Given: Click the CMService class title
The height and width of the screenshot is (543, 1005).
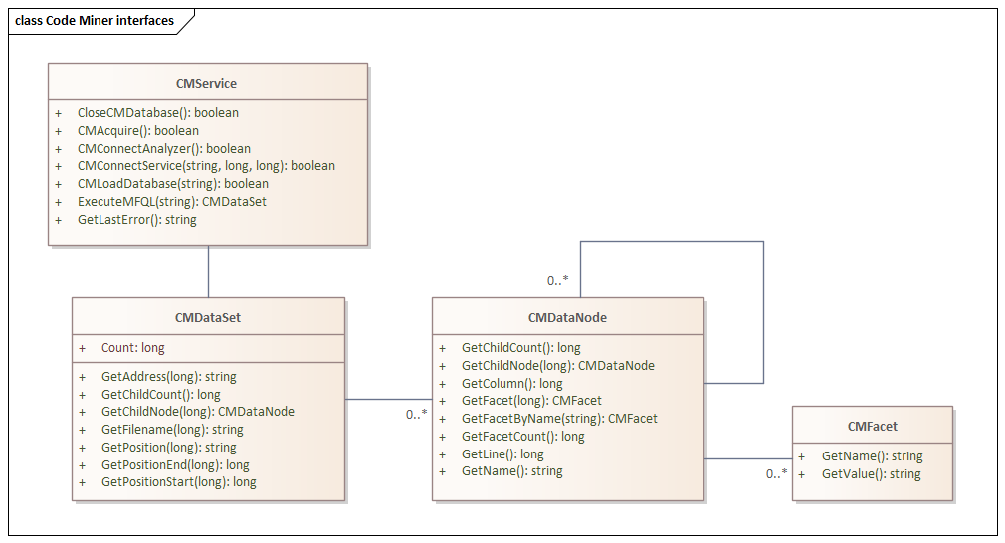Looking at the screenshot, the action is click(x=206, y=84).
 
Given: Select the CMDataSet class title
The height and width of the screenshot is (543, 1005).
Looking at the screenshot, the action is click(x=208, y=317).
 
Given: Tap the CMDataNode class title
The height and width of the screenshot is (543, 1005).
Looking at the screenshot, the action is click(x=567, y=317).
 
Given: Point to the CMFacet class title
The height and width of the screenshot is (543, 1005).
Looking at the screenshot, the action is click(x=873, y=427).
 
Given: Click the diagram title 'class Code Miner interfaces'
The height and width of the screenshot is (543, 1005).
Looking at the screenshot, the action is click(x=95, y=21).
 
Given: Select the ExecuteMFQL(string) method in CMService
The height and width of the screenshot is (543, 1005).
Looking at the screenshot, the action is click(x=172, y=202).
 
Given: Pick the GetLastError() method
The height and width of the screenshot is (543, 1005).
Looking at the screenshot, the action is click(x=137, y=220).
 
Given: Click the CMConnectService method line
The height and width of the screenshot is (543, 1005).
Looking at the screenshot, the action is click(x=206, y=166).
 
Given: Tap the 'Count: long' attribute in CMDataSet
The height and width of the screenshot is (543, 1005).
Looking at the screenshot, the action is click(x=132, y=348).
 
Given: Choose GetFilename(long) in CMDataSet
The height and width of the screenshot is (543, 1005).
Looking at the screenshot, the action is click(x=172, y=430).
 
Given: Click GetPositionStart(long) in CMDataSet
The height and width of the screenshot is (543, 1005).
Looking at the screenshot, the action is click(x=179, y=482).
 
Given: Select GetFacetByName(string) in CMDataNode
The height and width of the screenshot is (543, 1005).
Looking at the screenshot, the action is click(x=559, y=419).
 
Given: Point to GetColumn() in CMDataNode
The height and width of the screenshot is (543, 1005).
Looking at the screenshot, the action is click(x=512, y=384).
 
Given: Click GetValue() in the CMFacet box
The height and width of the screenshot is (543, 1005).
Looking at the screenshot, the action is click(x=871, y=474).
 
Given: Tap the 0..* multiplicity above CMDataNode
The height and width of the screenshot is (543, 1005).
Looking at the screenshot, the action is click(x=557, y=281).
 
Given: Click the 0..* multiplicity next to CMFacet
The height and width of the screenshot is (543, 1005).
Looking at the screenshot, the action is click(x=777, y=474).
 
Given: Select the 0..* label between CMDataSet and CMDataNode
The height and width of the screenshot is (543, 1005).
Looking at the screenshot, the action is click(x=417, y=415).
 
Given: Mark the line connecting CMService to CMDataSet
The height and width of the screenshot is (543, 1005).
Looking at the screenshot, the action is click(x=208, y=271).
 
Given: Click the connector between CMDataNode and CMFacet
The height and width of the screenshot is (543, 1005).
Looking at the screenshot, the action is click(x=748, y=458).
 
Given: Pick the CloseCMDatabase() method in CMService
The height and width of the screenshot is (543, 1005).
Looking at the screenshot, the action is click(x=157, y=113).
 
